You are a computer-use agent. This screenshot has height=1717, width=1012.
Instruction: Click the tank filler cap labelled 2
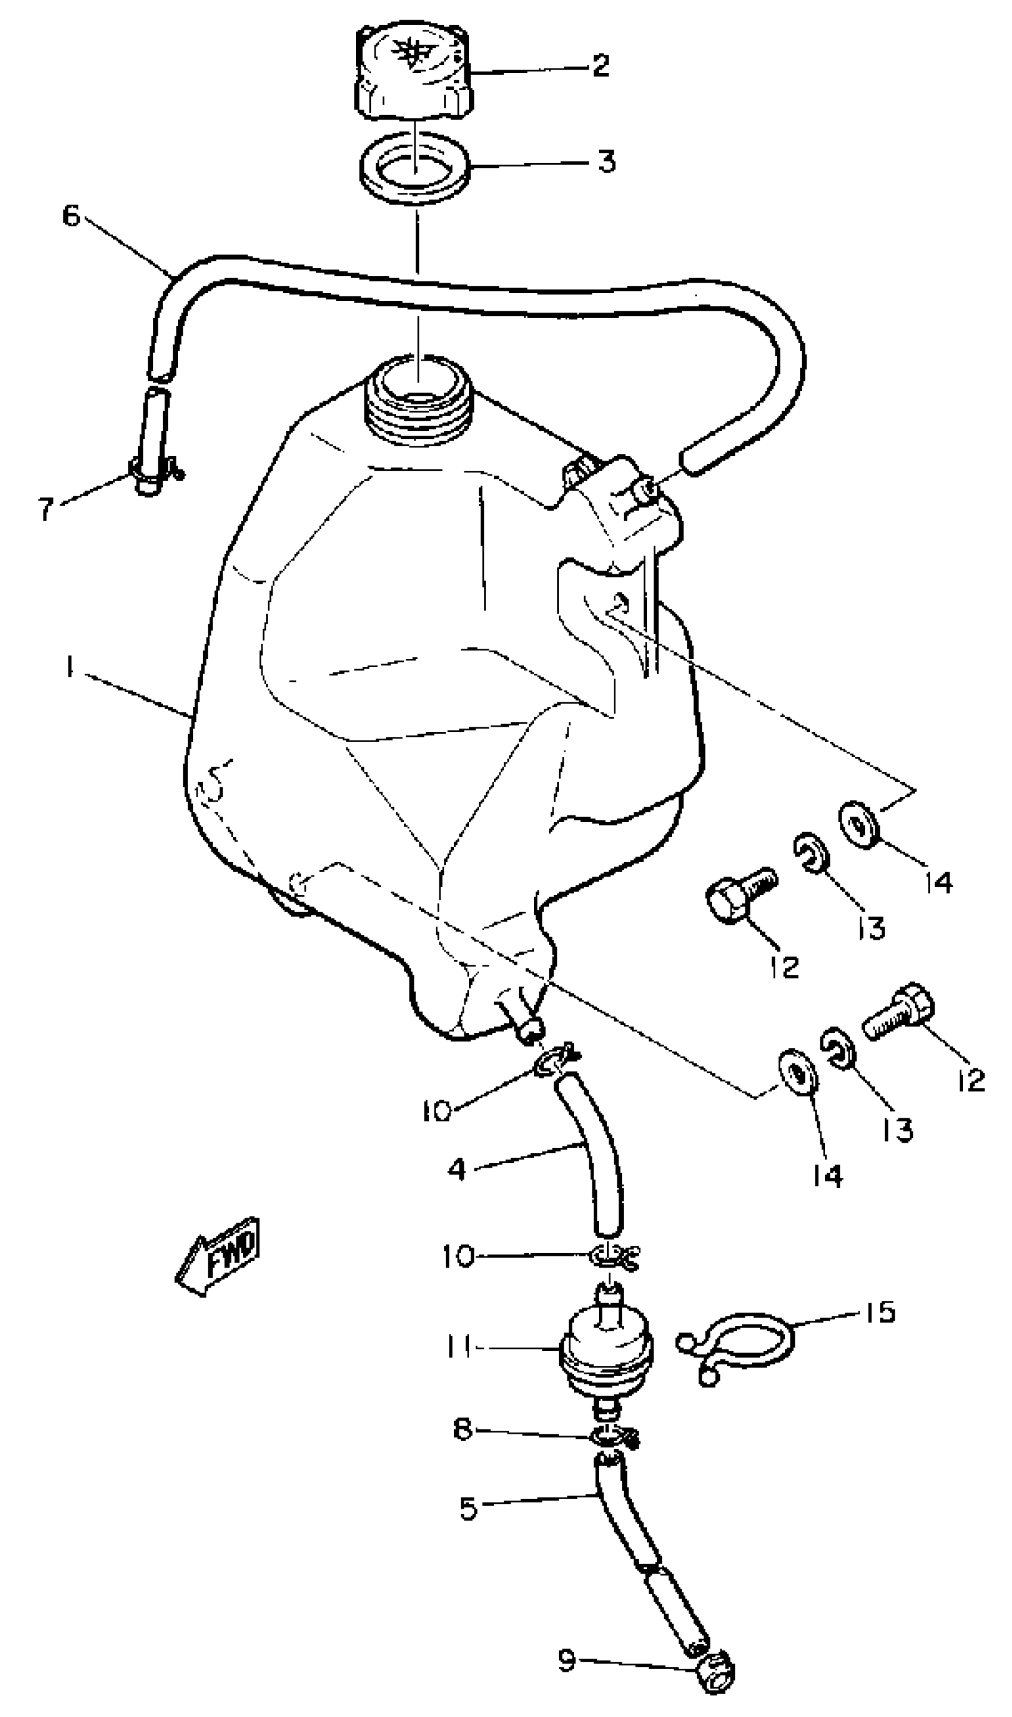(413, 72)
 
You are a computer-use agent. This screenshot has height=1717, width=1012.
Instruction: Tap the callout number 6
(71, 217)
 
